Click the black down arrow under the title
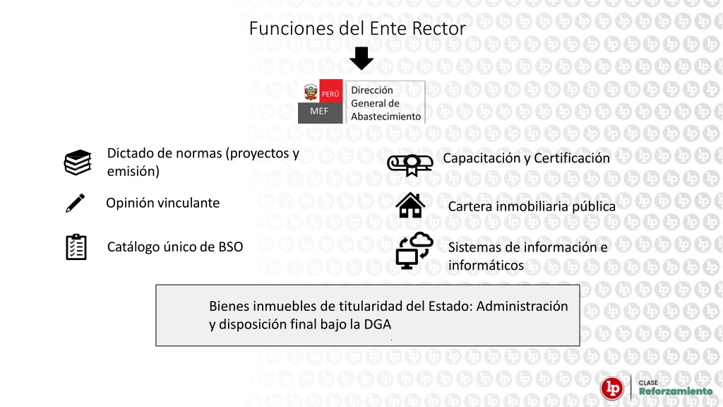click(361, 58)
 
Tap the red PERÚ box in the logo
click(330, 91)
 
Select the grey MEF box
click(320, 113)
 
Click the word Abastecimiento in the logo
click(386, 117)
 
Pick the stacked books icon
click(78, 163)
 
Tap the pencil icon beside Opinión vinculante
click(75, 203)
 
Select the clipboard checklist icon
click(76, 247)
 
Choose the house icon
click(410, 206)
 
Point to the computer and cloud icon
click(414, 251)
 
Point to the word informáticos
click(486, 266)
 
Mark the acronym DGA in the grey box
click(378, 324)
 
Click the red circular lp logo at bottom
click(612, 388)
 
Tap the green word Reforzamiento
click(676, 391)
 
